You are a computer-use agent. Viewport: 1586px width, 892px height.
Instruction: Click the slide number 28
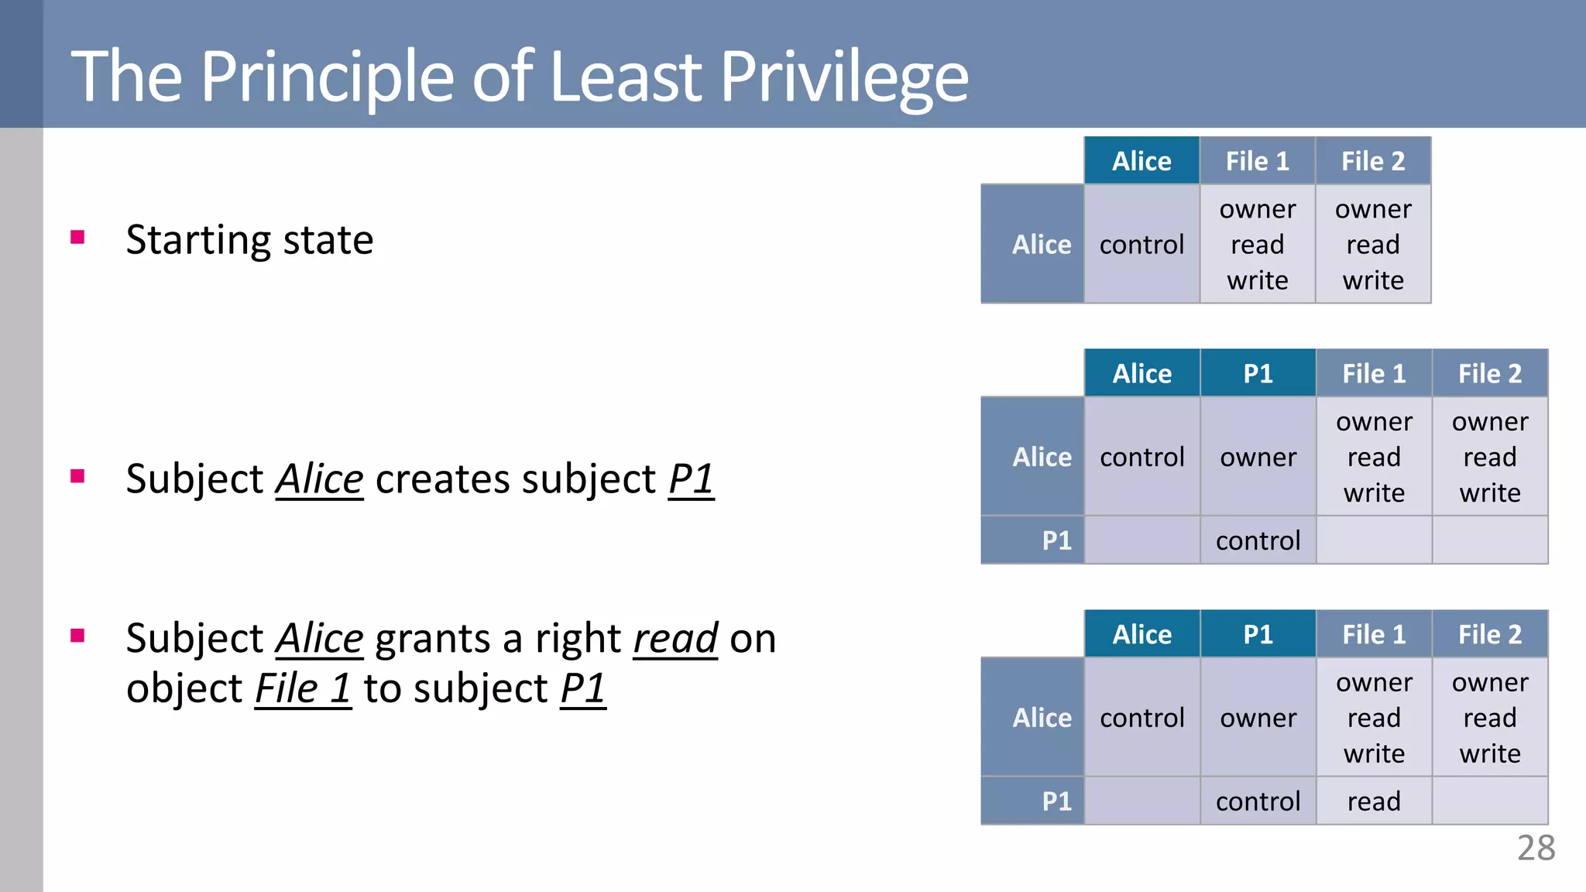[x=1536, y=849]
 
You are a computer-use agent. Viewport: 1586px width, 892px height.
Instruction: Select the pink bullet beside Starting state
[x=77, y=237]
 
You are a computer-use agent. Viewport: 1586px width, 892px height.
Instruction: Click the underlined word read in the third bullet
[x=675, y=640]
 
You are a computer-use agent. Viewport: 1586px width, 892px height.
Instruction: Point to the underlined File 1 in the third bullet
[x=303, y=689]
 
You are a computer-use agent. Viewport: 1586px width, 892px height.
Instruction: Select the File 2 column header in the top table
[x=1373, y=161]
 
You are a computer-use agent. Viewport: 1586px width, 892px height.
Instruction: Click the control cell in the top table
[x=1141, y=245]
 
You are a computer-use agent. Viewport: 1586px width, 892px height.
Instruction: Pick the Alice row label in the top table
[x=1041, y=245]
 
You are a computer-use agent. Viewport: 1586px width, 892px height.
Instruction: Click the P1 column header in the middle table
[x=1258, y=374]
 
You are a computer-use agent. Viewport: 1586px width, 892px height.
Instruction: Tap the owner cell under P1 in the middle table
[x=1258, y=458]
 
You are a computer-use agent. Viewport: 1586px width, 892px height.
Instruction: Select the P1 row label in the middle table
[x=1056, y=540]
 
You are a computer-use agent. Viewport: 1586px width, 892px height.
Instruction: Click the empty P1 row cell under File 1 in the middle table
[x=1374, y=540]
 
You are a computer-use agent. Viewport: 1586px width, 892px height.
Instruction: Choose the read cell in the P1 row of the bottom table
[x=1374, y=801]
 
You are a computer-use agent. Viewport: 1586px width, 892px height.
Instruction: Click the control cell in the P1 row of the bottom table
[x=1258, y=801]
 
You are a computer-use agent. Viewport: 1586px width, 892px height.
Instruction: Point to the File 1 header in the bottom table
[x=1374, y=635]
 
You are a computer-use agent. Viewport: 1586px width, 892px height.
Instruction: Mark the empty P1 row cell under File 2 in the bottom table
[x=1490, y=801]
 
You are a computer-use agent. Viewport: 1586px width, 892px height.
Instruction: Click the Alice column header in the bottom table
[x=1141, y=635]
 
